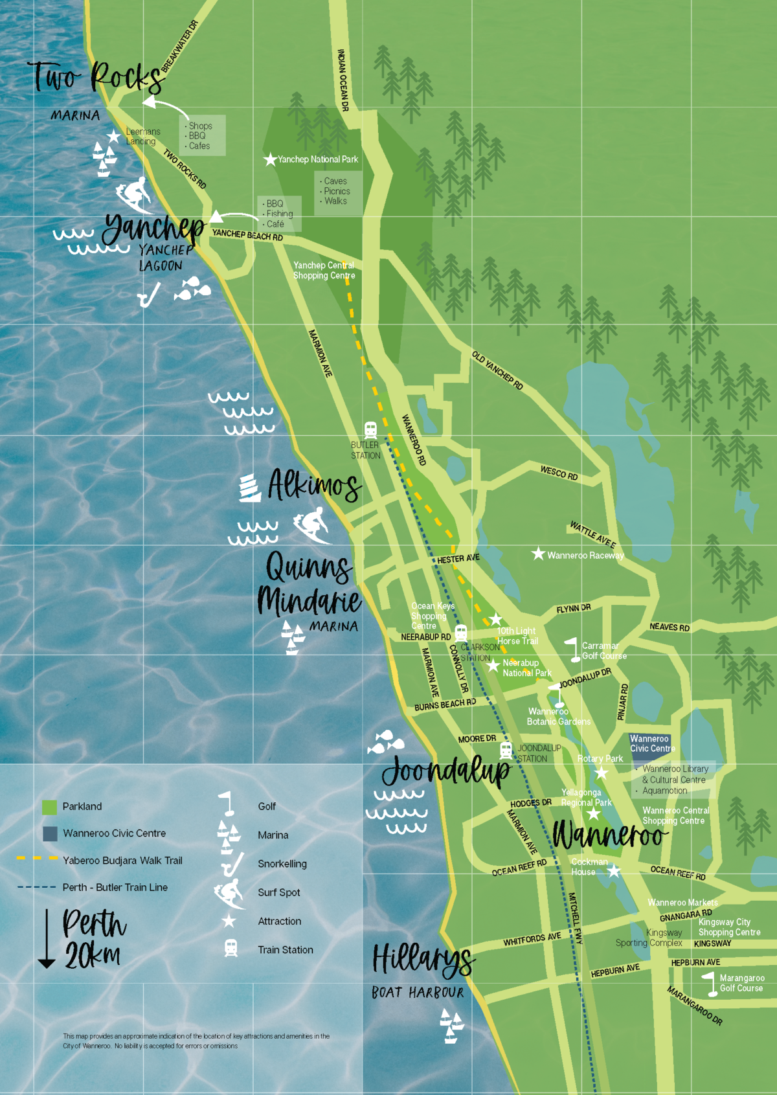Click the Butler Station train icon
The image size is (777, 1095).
point(370,429)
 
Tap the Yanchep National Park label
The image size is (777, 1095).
point(317,159)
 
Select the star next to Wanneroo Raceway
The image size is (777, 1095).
point(538,554)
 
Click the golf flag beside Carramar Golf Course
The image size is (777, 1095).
point(573,649)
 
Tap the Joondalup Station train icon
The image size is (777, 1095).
point(506,751)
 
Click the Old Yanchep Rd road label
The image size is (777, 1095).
point(497,370)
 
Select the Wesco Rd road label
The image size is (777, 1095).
point(559,473)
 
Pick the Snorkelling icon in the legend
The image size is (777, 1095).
point(232,864)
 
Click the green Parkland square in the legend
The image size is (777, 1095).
point(49,807)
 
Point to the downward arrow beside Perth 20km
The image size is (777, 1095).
point(47,938)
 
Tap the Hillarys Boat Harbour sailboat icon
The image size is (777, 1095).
point(451,1026)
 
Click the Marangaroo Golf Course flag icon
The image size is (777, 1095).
point(711,984)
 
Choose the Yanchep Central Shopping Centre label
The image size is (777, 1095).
point(324,270)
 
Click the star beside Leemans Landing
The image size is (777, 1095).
point(113,136)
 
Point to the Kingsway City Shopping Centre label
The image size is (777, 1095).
point(729,927)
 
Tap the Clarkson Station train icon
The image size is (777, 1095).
point(461,633)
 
